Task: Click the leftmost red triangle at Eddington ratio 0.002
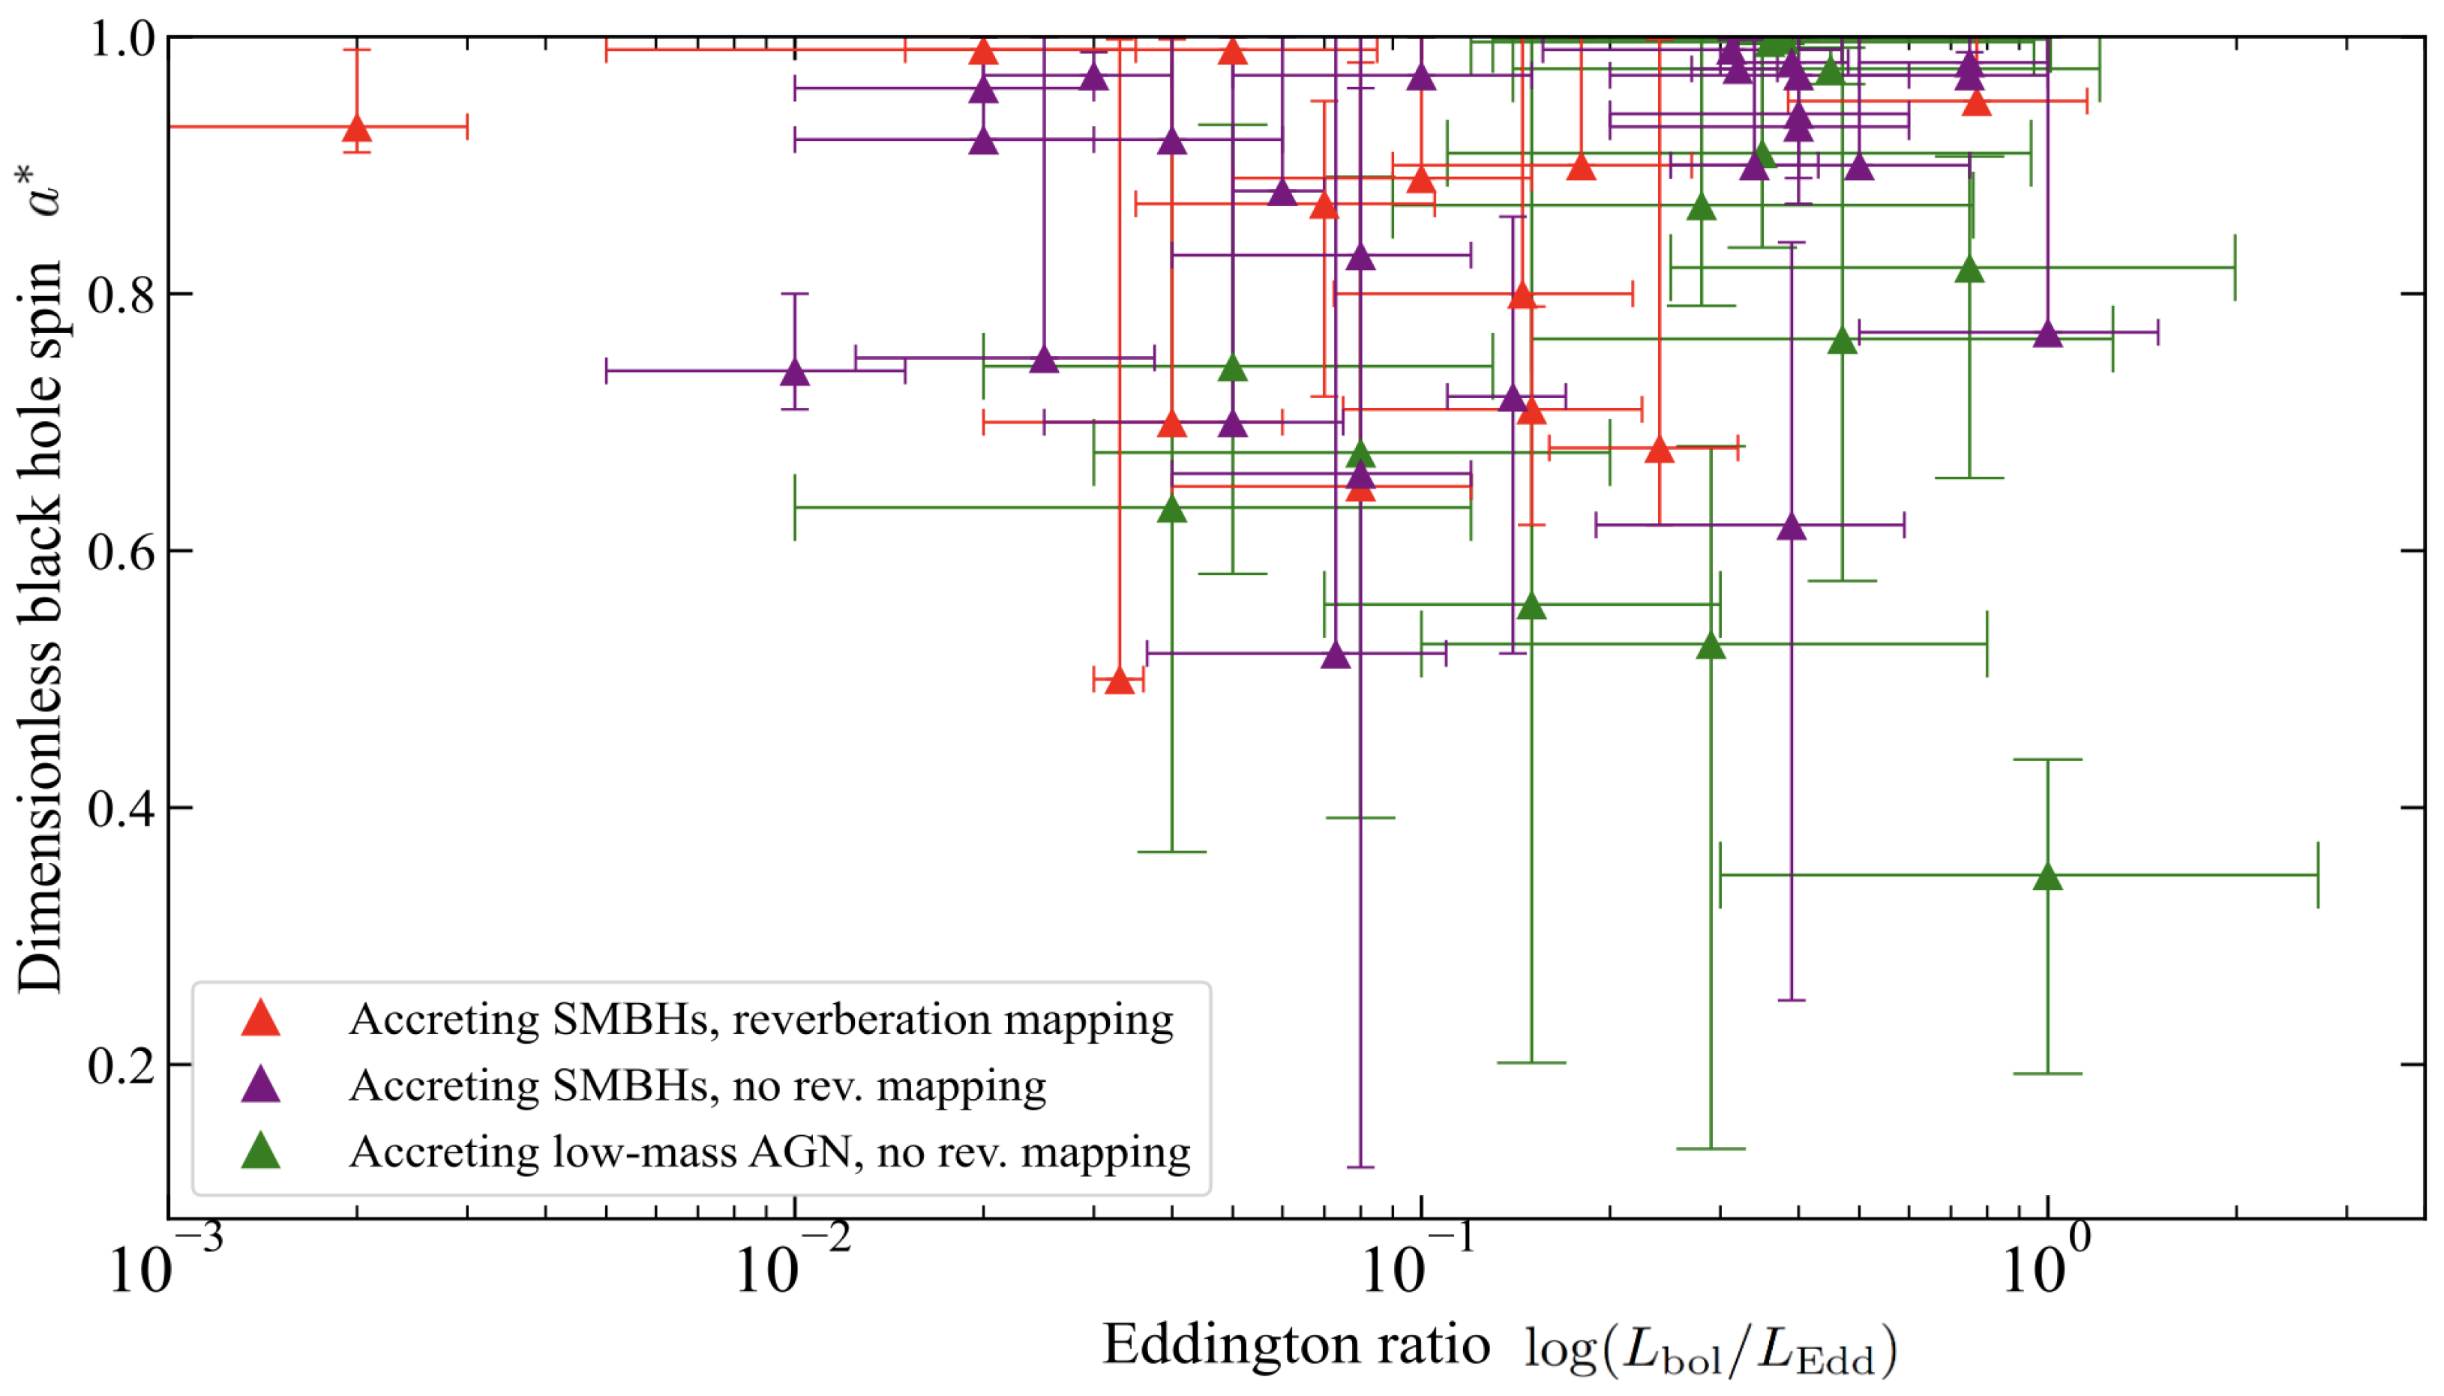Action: (357, 128)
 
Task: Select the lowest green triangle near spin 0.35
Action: (2047, 876)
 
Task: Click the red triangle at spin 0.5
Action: (1119, 682)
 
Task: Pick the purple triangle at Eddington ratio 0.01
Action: (794, 372)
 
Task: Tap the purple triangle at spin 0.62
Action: (1791, 526)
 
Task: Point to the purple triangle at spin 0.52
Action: (1336, 656)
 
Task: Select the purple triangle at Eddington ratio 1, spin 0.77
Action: (2047, 334)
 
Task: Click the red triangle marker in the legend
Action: (259, 1019)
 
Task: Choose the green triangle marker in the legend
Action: (259, 1151)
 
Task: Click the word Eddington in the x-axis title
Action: (1295, 1344)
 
